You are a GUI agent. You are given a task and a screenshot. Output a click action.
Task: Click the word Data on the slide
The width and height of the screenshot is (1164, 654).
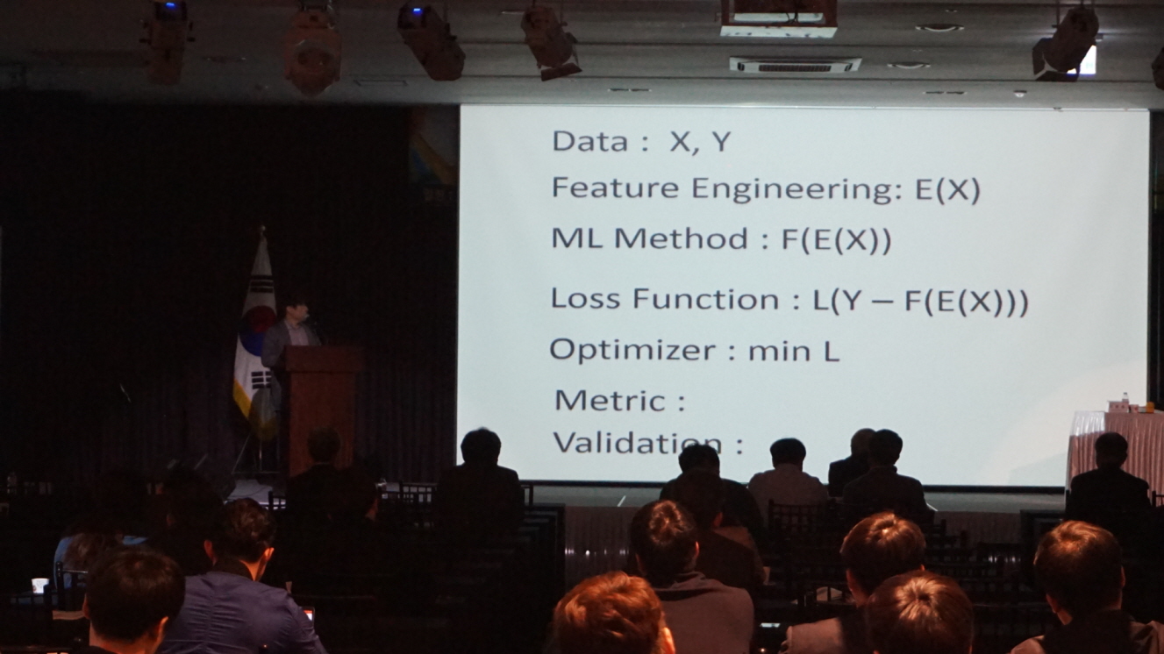coord(589,141)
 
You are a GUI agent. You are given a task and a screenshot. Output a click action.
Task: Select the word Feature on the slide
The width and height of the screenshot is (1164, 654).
coord(615,188)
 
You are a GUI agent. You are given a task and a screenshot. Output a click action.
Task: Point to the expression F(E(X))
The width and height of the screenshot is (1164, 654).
coord(837,241)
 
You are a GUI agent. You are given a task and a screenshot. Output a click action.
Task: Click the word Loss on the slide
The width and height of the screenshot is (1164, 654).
coord(585,299)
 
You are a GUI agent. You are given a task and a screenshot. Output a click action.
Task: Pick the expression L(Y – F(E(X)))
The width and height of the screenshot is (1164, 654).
coord(920,302)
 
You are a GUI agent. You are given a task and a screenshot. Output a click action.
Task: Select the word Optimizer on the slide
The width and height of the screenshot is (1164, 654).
coord(633,350)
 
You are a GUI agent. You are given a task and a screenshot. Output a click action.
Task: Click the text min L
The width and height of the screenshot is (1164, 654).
coord(794,352)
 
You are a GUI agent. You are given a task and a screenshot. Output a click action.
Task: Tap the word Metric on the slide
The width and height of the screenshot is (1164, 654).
coord(611,401)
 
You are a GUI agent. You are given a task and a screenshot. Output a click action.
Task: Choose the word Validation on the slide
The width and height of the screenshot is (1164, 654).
coord(638,443)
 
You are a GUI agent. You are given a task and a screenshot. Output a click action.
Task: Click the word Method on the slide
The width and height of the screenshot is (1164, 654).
coord(682,239)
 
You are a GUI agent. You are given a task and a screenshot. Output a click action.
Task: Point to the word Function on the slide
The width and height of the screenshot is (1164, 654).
coord(705,300)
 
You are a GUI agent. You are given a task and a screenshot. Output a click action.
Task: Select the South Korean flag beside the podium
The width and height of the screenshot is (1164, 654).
coord(254,332)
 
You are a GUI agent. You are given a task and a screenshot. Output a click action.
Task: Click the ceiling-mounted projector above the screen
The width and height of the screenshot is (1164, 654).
coord(778,18)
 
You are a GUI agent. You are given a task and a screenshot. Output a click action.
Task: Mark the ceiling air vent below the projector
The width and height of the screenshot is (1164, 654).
coord(794,65)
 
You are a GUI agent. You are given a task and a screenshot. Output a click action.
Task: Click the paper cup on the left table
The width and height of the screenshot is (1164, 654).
coord(40,586)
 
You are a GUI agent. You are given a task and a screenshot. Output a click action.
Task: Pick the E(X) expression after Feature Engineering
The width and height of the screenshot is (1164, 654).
coord(946,190)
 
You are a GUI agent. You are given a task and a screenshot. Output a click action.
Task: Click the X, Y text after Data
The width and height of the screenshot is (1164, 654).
coord(699,142)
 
